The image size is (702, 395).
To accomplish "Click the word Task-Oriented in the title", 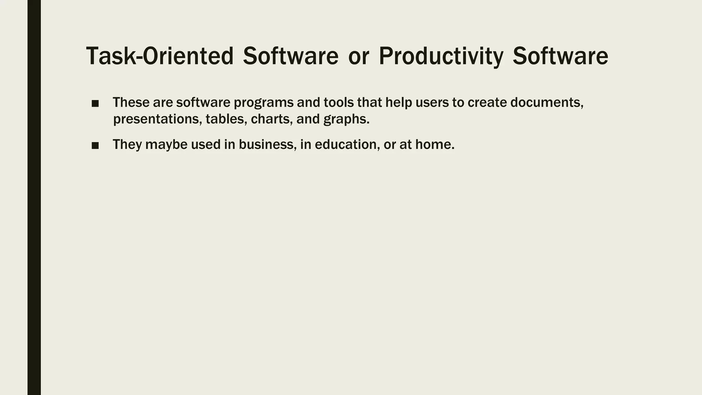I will [x=160, y=56].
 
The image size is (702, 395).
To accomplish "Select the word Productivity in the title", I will [x=441, y=56].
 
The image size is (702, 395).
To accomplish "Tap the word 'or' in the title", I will [x=359, y=56].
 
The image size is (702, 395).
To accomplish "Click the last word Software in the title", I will [x=560, y=56].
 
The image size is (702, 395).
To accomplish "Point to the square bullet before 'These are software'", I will [x=95, y=104].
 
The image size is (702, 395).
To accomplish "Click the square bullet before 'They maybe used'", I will [x=95, y=146].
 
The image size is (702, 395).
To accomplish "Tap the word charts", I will [x=272, y=119].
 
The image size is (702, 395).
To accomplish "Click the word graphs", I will [x=346, y=119].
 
